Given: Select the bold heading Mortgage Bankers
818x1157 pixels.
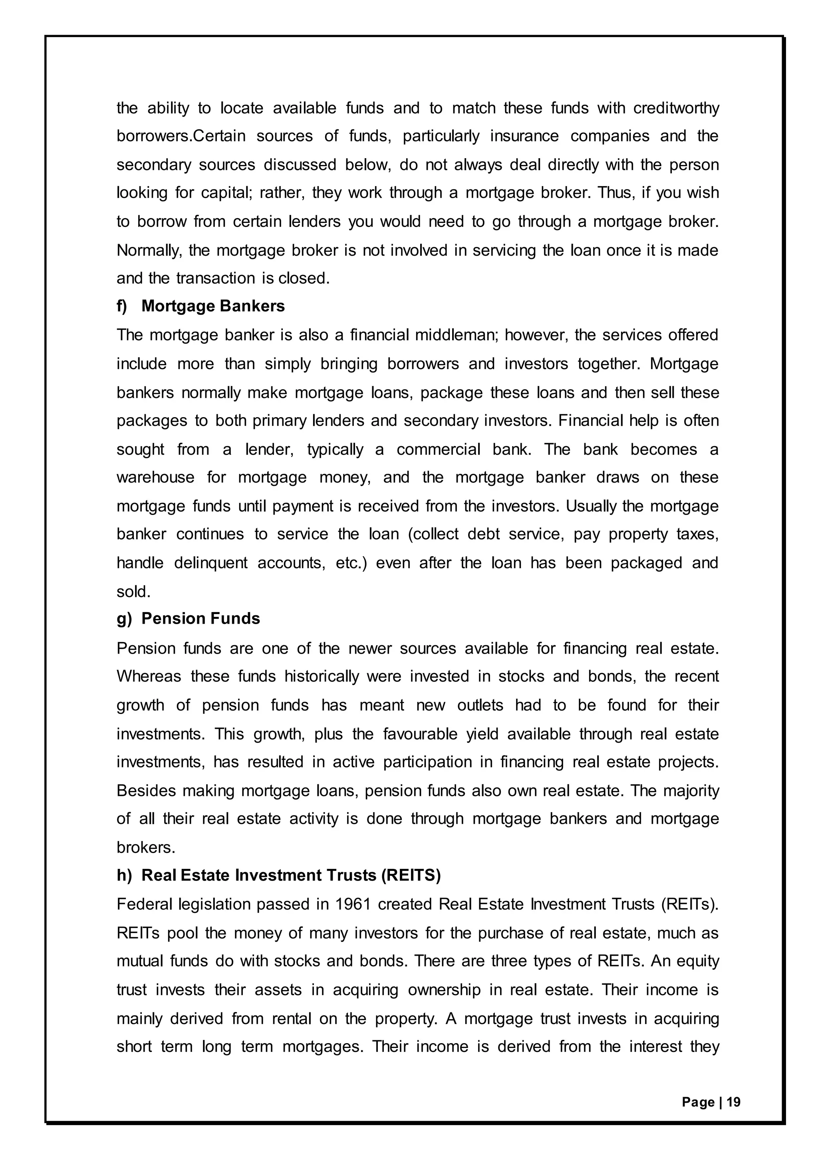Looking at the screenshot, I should [213, 306].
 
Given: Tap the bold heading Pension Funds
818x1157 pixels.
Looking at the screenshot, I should [201, 618].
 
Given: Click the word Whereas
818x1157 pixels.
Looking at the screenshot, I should [149, 676].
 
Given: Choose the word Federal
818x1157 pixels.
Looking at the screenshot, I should [144, 904].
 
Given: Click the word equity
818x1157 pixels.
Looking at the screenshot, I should [697, 962].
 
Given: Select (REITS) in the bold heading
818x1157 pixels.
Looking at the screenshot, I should [411, 875].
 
